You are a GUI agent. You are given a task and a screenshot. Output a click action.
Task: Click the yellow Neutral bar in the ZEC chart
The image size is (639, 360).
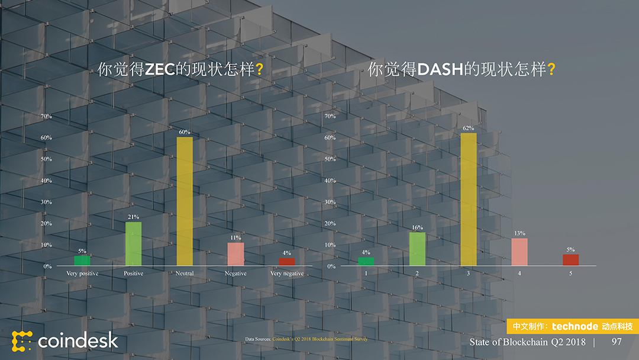coord(185,201)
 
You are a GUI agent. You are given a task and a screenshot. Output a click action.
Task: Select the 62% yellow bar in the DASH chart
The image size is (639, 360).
coord(469,200)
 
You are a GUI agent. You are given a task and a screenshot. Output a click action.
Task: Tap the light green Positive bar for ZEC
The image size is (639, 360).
coord(133,244)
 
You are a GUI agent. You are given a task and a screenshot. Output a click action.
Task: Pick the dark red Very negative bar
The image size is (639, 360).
coord(287,262)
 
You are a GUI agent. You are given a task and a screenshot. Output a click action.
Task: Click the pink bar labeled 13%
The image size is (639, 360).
coord(519,252)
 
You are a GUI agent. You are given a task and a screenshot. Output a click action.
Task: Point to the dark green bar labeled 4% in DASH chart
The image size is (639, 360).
coord(366,261)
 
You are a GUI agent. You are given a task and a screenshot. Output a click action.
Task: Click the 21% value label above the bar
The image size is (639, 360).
coord(133,217)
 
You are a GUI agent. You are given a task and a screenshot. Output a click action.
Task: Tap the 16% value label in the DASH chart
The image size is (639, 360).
coord(417,227)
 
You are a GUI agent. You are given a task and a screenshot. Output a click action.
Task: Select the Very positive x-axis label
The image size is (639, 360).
coord(82,274)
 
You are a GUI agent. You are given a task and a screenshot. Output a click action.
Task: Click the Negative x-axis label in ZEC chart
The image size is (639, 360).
coord(235,274)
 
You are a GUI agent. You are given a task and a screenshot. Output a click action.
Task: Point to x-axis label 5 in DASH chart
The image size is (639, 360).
coord(571,274)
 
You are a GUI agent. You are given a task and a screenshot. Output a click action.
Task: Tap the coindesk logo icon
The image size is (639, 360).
coord(22,341)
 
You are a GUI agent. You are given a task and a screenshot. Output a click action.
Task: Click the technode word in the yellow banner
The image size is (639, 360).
coord(574,326)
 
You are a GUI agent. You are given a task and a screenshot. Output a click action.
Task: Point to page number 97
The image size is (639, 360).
coord(617,342)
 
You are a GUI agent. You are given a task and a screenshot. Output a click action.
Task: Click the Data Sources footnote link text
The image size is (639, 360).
coord(319,339)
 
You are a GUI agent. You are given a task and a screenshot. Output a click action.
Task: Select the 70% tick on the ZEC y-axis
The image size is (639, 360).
coord(46,116)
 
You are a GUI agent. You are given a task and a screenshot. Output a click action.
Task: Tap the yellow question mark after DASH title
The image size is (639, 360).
coord(551,70)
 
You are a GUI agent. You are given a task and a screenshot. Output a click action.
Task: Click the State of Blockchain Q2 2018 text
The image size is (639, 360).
coord(527,342)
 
